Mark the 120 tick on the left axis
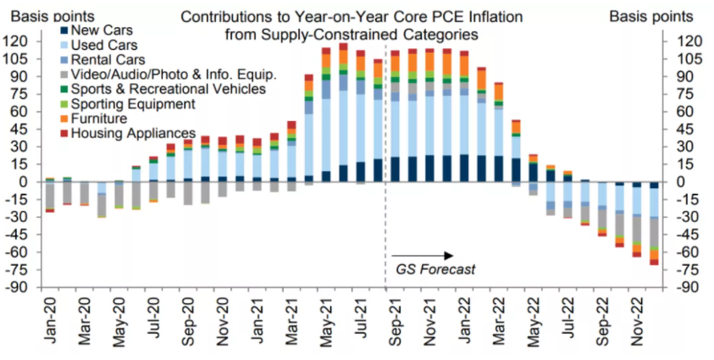[x=17, y=41]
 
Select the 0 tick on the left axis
[x=26, y=181]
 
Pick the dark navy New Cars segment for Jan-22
[x=464, y=168]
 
